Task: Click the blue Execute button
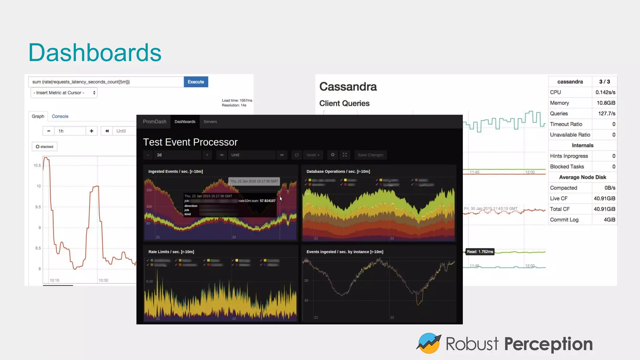pos(196,82)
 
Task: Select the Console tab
pos(60,116)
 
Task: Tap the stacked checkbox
pos(38,147)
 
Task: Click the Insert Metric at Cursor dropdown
pos(64,93)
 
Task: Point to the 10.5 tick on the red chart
pos(37,165)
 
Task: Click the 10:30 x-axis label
pos(103,280)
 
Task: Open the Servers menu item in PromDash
pos(210,122)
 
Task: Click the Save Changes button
pos(370,155)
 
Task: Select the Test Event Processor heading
pos(190,142)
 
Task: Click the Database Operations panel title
pos(338,172)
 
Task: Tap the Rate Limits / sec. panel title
pos(171,252)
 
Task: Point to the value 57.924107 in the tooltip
pos(267,201)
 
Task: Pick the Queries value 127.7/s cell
pos(606,113)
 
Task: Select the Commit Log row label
pos(564,220)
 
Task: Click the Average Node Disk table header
pos(582,177)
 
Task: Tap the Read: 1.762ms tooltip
pos(480,252)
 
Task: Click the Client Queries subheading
pos(344,103)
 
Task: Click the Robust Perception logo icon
pos(428,343)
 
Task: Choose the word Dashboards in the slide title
pos(95,52)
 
